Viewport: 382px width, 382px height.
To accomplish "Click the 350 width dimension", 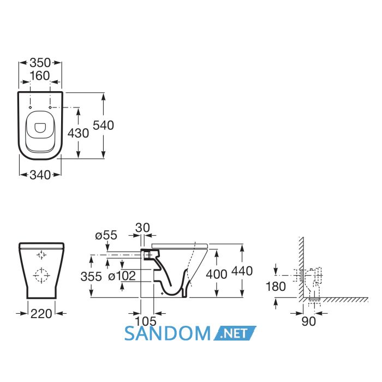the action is [40, 63].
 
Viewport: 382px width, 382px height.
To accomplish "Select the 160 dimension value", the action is [40, 76].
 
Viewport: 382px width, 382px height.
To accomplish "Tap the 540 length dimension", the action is [103, 126].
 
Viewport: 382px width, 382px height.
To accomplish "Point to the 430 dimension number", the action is [78, 133].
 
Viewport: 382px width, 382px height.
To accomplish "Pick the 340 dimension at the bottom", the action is [40, 175].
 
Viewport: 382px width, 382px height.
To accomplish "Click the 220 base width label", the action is [41, 314].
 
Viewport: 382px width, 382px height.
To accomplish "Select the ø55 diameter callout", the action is [106, 235].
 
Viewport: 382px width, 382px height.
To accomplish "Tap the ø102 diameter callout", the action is [122, 276].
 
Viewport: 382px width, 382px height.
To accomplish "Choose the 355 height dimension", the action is [91, 277].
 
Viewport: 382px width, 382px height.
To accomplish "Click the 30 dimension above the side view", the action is [142, 228].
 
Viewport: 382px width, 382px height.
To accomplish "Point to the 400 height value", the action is [217, 274].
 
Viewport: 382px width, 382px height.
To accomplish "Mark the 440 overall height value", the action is [242, 271].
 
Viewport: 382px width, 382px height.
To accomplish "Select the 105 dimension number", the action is [146, 321].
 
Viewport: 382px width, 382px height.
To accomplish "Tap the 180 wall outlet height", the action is [276, 286].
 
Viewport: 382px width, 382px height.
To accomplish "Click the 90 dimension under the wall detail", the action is [309, 321].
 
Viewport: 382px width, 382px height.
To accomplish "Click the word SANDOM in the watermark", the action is [168, 333].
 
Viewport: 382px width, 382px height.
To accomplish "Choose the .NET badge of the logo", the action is [235, 333].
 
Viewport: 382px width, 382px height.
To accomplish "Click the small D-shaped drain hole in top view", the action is [40, 128].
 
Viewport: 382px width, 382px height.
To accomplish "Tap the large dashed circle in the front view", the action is [41, 275].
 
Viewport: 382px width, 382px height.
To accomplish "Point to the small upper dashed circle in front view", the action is [41, 255].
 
